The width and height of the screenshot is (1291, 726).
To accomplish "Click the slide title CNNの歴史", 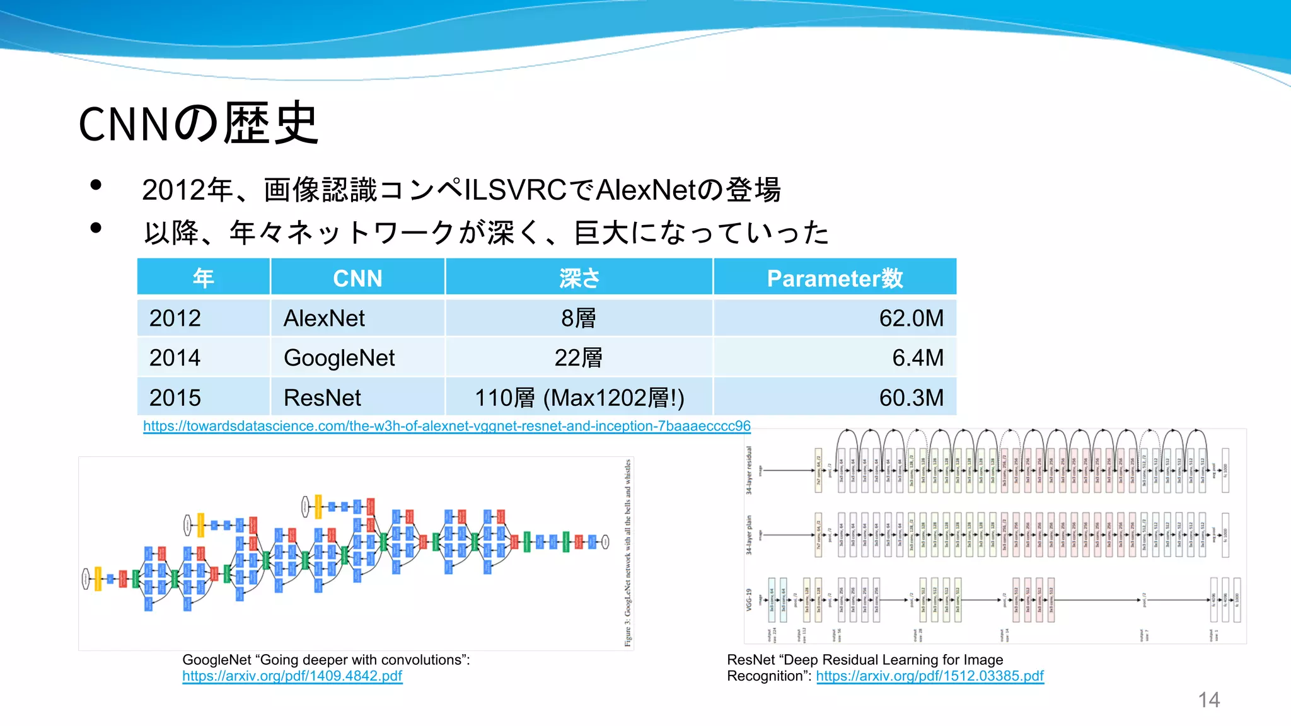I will tap(198, 124).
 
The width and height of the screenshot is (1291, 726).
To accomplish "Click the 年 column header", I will tap(204, 278).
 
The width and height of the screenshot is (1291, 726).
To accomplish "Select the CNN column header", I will tap(357, 278).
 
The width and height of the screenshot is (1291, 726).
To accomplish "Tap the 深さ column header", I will tap(579, 278).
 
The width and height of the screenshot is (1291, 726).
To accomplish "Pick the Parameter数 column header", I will tap(835, 278).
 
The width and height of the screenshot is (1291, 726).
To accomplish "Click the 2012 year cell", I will tap(175, 318).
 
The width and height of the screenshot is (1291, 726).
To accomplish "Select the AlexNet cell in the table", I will tap(324, 318).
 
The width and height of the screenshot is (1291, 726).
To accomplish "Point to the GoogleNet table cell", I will tap(339, 358).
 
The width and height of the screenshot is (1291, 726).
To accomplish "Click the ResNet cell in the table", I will tap(322, 398).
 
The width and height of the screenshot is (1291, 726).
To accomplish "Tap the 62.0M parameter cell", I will tap(911, 318).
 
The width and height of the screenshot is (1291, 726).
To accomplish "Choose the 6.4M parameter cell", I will tap(917, 358).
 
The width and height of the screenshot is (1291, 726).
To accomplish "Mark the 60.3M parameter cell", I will tap(911, 398).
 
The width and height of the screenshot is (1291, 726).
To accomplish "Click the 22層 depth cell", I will tap(578, 358).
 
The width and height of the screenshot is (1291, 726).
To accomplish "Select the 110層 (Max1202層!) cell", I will tap(579, 398).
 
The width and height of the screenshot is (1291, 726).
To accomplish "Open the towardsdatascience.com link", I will tap(446, 426).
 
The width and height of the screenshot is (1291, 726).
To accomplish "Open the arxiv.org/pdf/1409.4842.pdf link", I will tap(292, 676).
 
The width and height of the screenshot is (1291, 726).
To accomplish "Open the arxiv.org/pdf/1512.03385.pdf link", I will tap(930, 676).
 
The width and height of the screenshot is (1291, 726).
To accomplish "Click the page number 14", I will tap(1208, 700).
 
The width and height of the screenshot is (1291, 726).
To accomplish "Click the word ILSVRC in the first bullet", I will tap(515, 190).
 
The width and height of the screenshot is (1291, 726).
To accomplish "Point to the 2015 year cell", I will tap(175, 398).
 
